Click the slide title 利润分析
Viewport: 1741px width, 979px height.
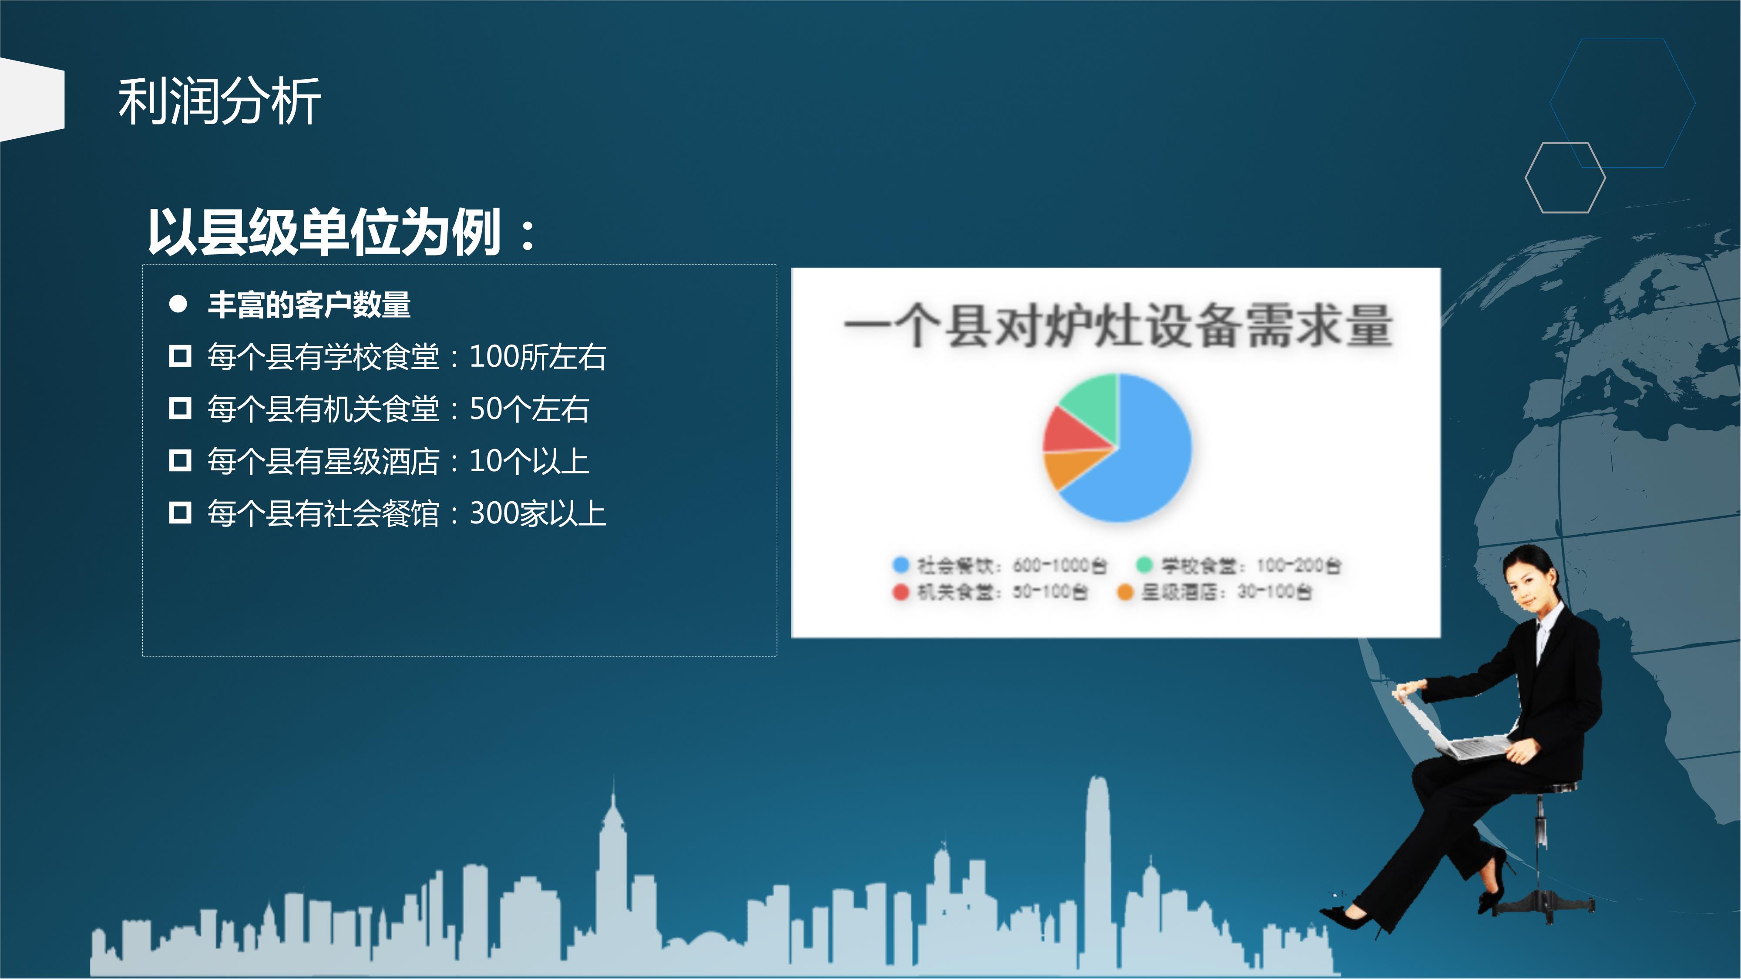[x=219, y=101]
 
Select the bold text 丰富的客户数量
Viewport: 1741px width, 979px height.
[x=309, y=305]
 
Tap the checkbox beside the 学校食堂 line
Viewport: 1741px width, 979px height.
[x=180, y=355]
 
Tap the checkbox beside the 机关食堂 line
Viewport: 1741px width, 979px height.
[x=180, y=408]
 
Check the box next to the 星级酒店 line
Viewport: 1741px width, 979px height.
[x=180, y=460]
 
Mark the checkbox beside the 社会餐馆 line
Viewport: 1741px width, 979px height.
[x=180, y=512]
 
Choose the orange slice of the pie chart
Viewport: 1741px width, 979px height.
[x=1068, y=468]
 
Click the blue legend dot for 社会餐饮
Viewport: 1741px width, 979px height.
[x=900, y=565]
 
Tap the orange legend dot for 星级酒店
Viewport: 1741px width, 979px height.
[x=1125, y=592]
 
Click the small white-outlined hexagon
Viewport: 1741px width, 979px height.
[x=1565, y=178]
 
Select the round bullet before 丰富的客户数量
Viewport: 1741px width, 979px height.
[x=178, y=305]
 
